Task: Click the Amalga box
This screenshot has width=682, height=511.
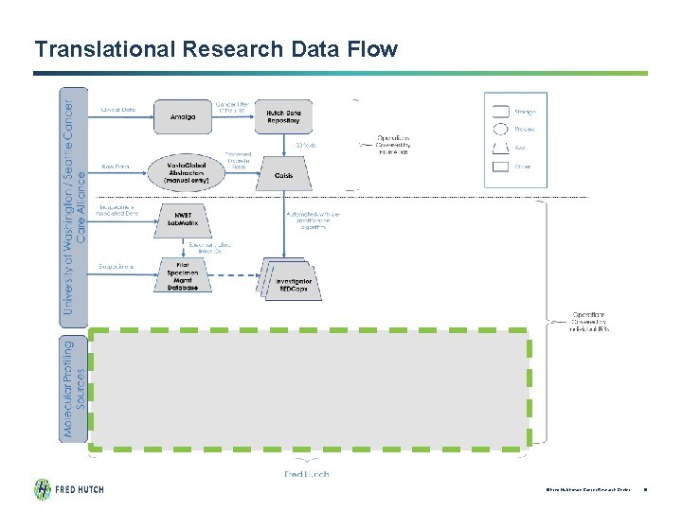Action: coord(183,117)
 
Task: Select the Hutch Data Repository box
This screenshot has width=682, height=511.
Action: coord(283,116)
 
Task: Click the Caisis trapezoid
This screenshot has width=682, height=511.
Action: coord(283,176)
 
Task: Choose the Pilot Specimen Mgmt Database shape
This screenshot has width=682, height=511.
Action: coord(184,273)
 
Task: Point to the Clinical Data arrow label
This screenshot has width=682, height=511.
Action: coord(117,110)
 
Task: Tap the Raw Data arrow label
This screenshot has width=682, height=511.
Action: coord(115,167)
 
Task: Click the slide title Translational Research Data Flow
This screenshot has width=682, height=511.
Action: coord(216,49)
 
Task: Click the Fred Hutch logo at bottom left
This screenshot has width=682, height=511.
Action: coord(69,489)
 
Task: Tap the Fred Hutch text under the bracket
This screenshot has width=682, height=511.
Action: coord(307,473)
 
